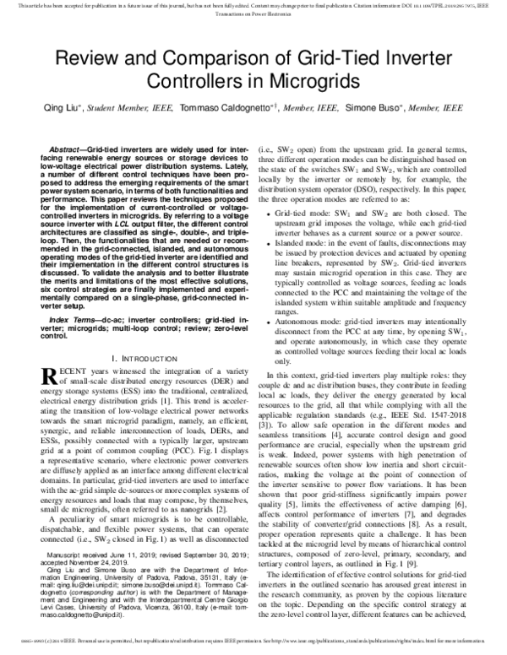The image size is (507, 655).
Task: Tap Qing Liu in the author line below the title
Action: tap(100, 109)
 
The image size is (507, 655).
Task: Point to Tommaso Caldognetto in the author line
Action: tap(226, 109)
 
